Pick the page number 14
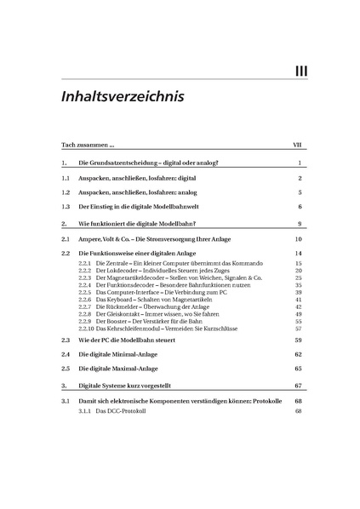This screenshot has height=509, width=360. pos(299,254)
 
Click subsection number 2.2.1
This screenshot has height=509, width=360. pos(84,265)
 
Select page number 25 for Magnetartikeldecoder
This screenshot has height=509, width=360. pos(299,278)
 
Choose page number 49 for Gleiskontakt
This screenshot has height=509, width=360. pos(299,314)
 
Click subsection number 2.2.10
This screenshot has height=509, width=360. pos(85,328)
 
